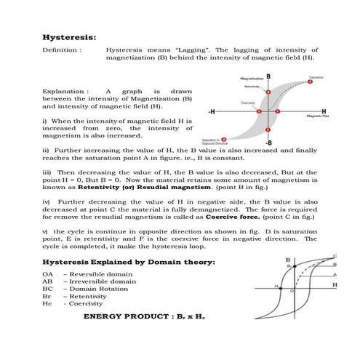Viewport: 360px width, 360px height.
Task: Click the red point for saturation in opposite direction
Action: tap(223, 138)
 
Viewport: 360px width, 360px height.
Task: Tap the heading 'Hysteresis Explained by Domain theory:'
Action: tap(129, 261)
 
